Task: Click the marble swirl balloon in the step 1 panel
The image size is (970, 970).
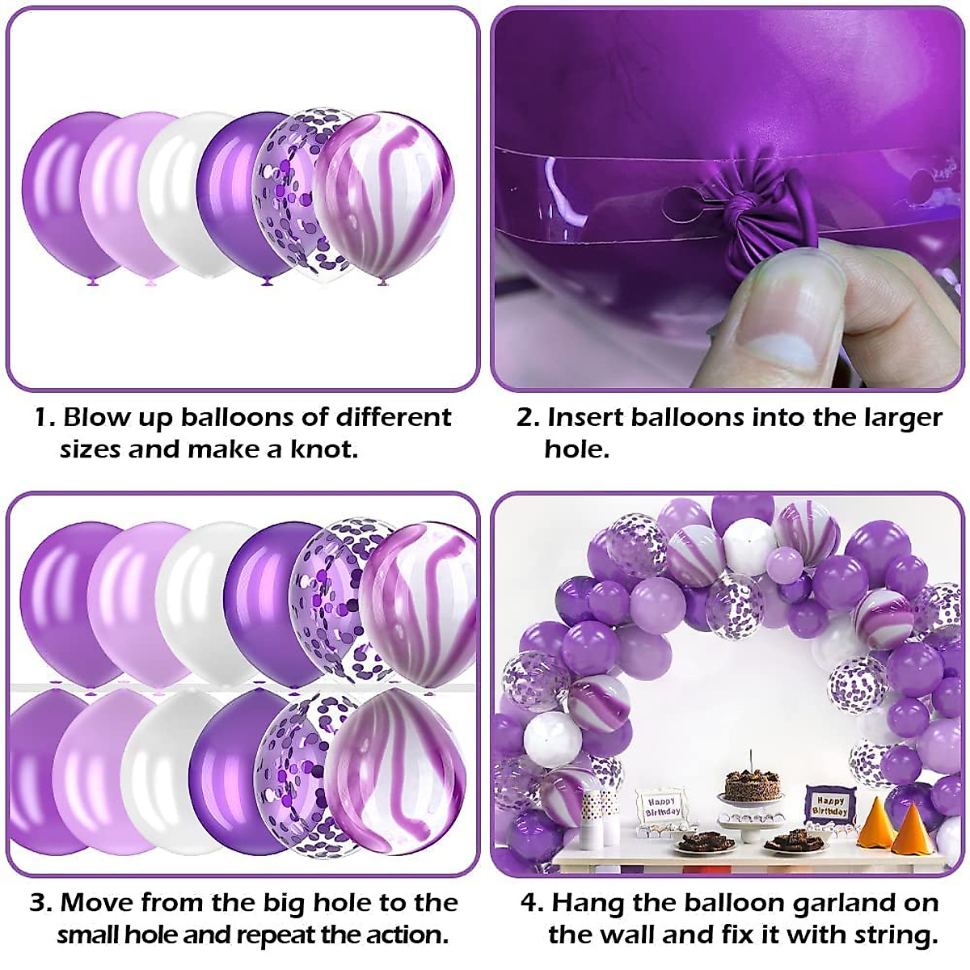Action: click(384, 199)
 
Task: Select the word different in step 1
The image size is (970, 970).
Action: click(393, 417)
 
